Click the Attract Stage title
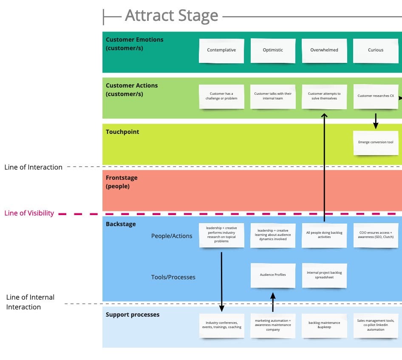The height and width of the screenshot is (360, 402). (171, 16)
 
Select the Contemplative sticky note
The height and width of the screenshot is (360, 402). (221, 50)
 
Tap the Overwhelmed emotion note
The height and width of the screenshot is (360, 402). (324, 50)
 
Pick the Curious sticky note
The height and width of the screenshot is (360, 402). (376, 50)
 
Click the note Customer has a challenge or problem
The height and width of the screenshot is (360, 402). (221, 96)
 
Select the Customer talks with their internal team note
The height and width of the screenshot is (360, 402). (273, 96)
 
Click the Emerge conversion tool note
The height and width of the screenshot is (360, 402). (376, 142)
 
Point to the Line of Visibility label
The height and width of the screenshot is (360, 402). (29, 213)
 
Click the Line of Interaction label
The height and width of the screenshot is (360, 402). (34, 167)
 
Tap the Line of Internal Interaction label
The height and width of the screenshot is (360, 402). (30, 302)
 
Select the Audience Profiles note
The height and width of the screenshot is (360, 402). (273, 275)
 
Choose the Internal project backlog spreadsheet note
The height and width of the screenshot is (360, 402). (324, 275)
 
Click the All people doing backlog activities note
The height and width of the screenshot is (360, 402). (324, 235)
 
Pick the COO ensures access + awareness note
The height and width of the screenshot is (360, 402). (376, 235)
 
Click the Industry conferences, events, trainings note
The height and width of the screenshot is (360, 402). (221, 325)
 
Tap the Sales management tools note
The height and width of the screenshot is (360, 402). (376, 325)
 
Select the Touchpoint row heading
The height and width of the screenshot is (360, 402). (122, 132)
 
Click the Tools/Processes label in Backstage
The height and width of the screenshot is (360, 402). (173, 277)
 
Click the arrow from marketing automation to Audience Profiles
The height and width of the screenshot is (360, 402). (273, 301)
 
